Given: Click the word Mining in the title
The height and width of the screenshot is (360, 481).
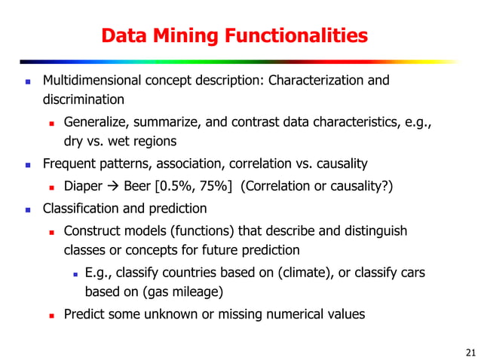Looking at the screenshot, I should [x=173, y=35].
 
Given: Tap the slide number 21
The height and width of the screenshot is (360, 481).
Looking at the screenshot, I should [x=471, y=351].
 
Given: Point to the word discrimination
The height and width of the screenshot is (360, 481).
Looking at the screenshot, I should [x=83, y=99].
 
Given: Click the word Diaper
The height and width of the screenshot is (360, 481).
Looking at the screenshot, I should [x=83, y=186].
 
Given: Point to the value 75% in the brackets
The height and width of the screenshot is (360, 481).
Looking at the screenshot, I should [x=216, y=186].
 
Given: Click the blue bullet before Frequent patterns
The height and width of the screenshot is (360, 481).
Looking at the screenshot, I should [x=28, y=164].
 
